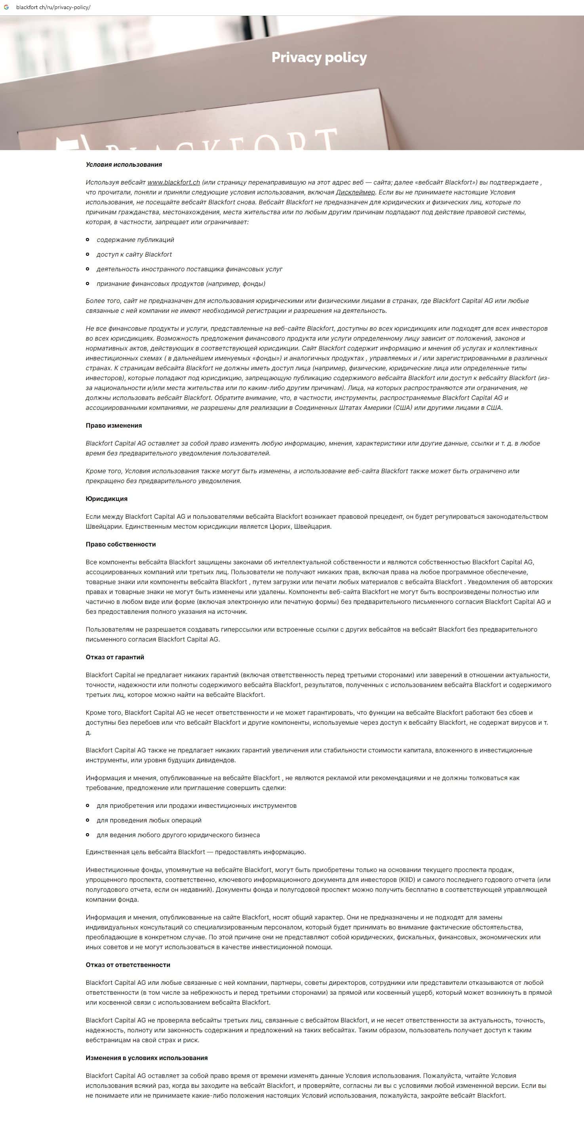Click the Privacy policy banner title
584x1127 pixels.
point(319,57)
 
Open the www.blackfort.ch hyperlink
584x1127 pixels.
point(173,183)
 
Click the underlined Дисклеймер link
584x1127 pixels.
point(355,192)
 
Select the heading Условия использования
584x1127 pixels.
point(124,164)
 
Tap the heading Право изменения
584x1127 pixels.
point(114,426)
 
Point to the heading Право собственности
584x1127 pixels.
point(121,544)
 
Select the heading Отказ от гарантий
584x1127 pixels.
point(114,657)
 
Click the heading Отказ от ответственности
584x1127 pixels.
point(128,965)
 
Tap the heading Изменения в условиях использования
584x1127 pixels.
point(146,1058)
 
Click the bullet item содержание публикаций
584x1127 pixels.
point(135,240)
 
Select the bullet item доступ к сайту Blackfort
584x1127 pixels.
point(134,255)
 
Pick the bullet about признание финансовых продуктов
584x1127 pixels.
point(181,284)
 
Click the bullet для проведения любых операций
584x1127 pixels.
point(149,821)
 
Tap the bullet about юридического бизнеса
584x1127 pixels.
point(178,835)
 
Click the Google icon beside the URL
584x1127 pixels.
point(6,8)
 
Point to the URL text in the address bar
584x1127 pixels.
point(53,8)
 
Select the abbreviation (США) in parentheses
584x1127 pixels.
point(402,408)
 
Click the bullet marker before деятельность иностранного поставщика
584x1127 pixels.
point(88,269)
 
